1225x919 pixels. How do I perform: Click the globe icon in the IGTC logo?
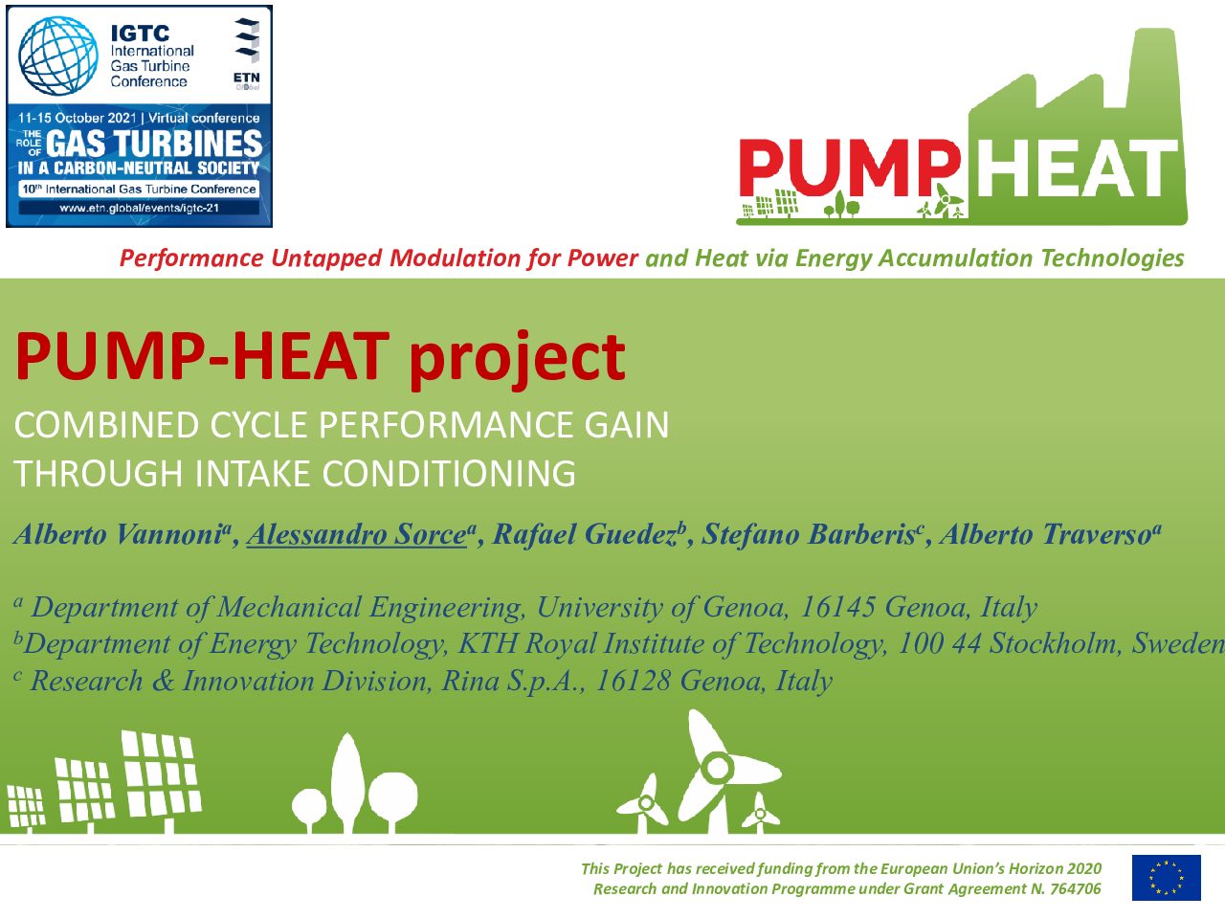[x=58, y=56]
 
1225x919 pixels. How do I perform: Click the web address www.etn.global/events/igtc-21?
[x=139, y=208]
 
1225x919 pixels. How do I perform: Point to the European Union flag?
[x=1167, y=878]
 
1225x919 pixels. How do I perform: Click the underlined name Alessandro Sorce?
[x=356, y=534]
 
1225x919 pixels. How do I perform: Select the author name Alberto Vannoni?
[x=119, y=534]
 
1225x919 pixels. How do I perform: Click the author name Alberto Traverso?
[x=1044, y=534]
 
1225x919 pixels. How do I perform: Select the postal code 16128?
[x=633, y=681]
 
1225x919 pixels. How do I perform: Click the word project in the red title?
[x=517, y=358]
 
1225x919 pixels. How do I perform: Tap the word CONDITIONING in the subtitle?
[x=448, y=473]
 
